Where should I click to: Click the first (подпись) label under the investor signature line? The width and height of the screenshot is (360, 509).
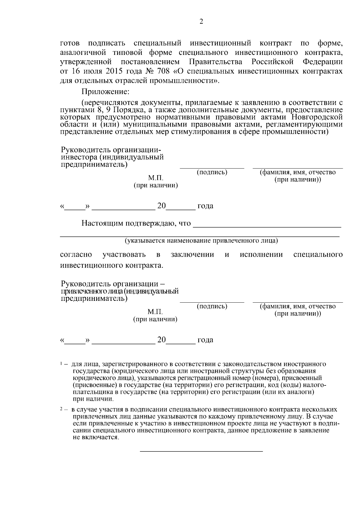click(212, 172)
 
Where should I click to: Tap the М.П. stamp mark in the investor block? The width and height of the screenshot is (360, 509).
click(155, 178)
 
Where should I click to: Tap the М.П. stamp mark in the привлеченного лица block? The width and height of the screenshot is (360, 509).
click(155, 312)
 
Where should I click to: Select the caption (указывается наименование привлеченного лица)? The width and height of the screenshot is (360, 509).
click(201, 241)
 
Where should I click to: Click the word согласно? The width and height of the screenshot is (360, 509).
click(76, 255)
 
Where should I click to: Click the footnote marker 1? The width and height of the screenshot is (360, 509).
click(61, 364)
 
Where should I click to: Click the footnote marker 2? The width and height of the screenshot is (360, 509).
click(61, 409)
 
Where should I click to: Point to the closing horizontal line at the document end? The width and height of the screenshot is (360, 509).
click(201, 451)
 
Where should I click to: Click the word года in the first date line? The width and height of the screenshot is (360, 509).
click(205, 206)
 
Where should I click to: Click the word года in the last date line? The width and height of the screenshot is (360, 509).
click(205, 340)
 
